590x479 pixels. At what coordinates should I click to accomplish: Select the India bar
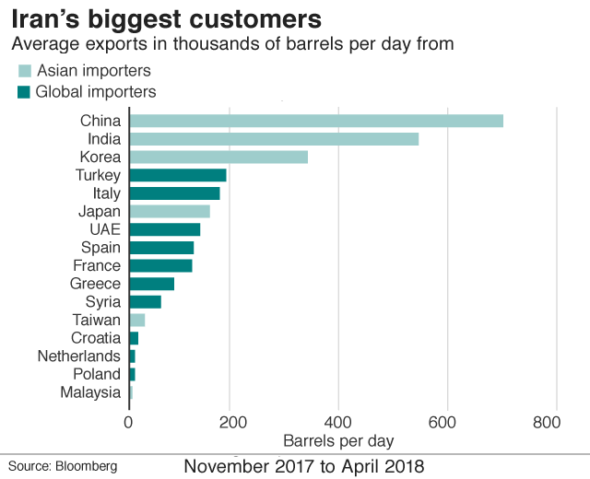[273, 139]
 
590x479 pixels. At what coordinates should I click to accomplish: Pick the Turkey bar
[177, 175]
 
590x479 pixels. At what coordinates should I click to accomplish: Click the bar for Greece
[151, 284]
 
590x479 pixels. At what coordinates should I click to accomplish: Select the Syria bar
[145, 301]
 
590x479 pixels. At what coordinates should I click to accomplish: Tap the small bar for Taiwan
[136, 320]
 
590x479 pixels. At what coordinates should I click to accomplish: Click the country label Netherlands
[79, 356]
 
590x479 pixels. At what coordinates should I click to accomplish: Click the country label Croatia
[96, 338]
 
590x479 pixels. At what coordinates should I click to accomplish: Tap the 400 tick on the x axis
[338, 422]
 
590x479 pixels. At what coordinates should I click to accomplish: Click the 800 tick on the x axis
[547, 422]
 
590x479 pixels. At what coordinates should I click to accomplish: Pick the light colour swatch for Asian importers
[24, 71]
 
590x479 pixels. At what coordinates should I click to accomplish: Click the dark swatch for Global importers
[24, 91]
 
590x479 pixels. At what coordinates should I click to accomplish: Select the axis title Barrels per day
[338, 439]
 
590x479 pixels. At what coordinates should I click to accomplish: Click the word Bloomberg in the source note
[87, 467]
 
